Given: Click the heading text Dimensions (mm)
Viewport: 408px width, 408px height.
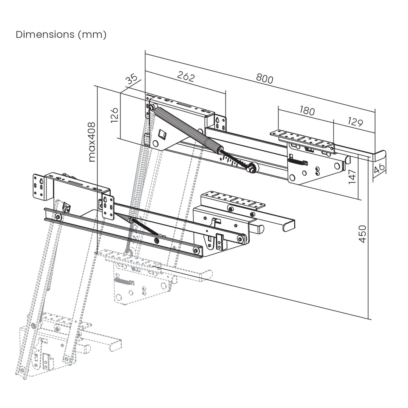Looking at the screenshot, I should point(61,35).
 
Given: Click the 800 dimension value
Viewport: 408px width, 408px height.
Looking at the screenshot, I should point(264,78).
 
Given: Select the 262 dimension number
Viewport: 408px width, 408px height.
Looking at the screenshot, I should point(186,77).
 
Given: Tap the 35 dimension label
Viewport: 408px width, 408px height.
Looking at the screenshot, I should point(132,80).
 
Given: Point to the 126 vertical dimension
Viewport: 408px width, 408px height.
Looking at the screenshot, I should point(114,115).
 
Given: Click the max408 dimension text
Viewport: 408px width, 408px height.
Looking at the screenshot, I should point(91,142).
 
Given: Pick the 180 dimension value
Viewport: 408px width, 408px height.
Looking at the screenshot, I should point(307,111).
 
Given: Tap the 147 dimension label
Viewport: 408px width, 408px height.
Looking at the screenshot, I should point(352,177).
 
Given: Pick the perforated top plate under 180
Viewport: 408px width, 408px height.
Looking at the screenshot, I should point(302,138).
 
